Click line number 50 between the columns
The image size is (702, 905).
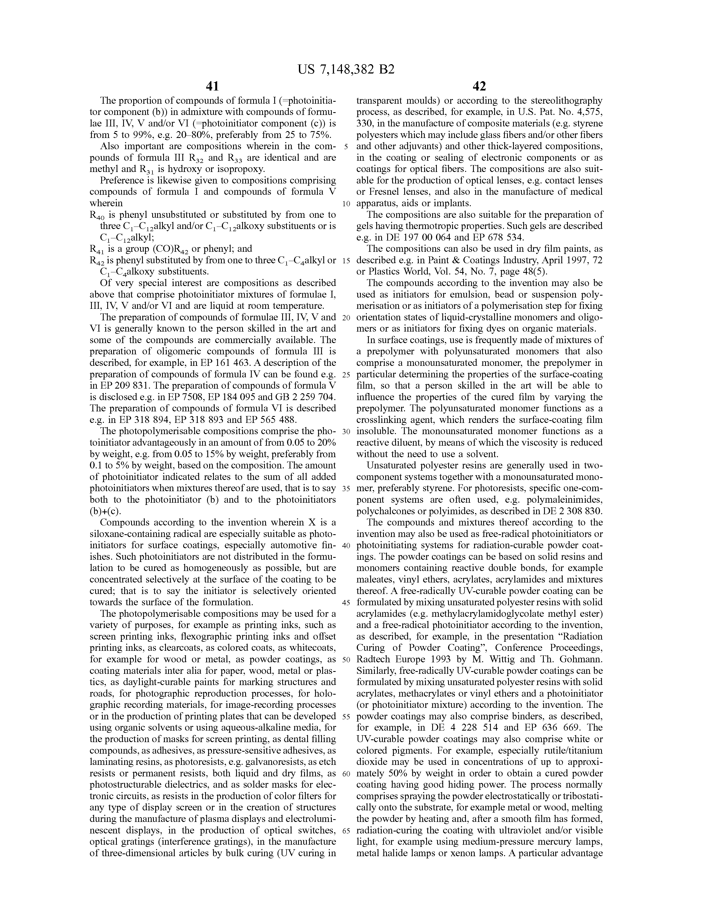[346, 660]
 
